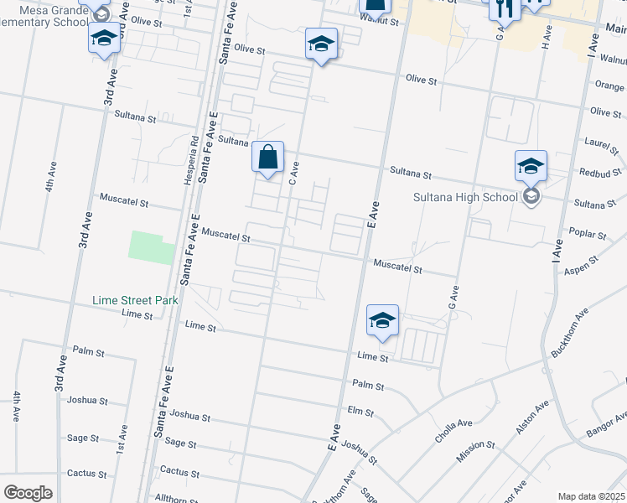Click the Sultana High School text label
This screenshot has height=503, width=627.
(x=465, y=198)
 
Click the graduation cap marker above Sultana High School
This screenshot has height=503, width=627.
(x=531, y=166)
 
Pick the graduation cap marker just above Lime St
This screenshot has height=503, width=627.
(x=382, y=320)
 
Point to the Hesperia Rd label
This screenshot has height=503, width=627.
(x=193, y=159)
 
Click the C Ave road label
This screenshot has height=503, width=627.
(x=293, y=174)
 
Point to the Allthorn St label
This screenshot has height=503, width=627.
(x=176, y=498)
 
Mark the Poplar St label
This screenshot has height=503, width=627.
(x=590, y=235)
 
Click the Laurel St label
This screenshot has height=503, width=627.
(x=603, y=147)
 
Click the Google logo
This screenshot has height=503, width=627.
(x=28, y=492)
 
